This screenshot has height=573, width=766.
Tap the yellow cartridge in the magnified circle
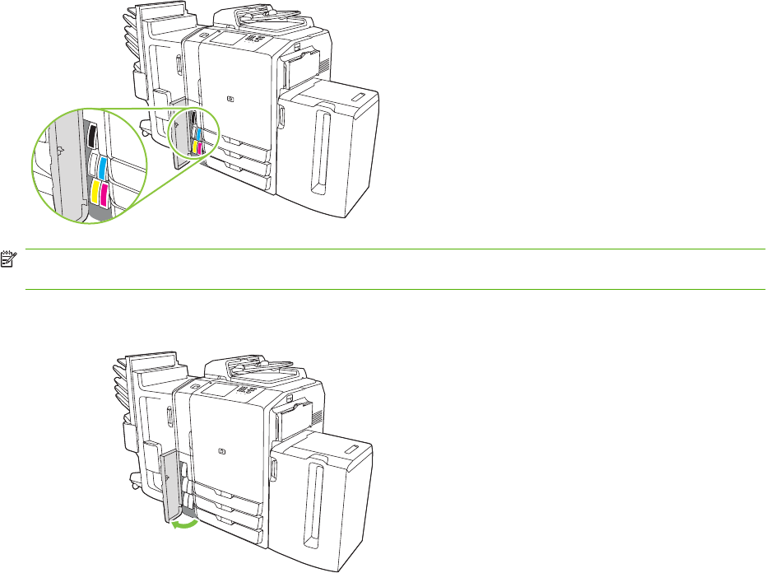click(96, 193)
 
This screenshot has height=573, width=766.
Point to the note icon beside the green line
click(8, 258)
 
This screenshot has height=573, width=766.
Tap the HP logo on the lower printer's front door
click(221, 450)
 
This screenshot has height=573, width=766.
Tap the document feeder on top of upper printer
click(263, 17)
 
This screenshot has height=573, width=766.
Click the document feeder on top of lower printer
click(255, 370)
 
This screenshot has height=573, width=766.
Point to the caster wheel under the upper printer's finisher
click(145, 132)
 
